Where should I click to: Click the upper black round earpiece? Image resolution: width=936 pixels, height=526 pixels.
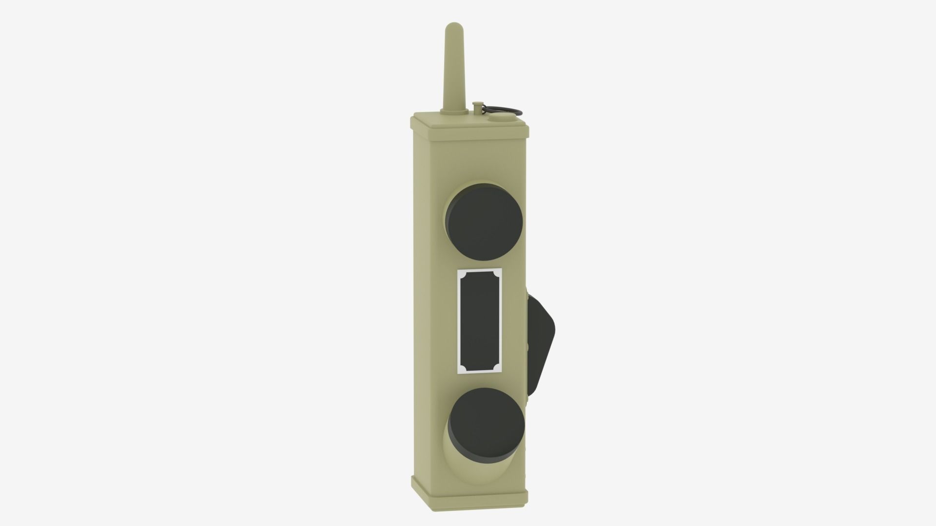485,220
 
